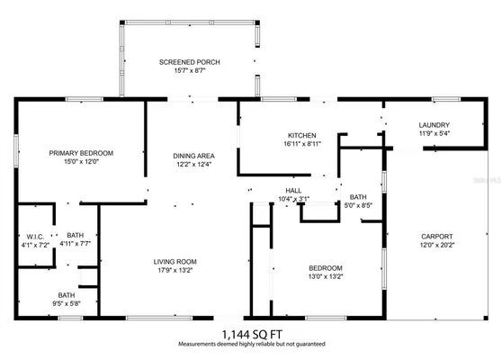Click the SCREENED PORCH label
(189, 62)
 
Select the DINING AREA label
(193, 156)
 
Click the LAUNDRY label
(435, 125)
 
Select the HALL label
(293, 190)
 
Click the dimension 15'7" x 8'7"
(189, 71)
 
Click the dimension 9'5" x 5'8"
(67, 303)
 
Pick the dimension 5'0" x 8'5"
(358, 206)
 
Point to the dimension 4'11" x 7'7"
(75, 243)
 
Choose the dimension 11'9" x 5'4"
(435, 134)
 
